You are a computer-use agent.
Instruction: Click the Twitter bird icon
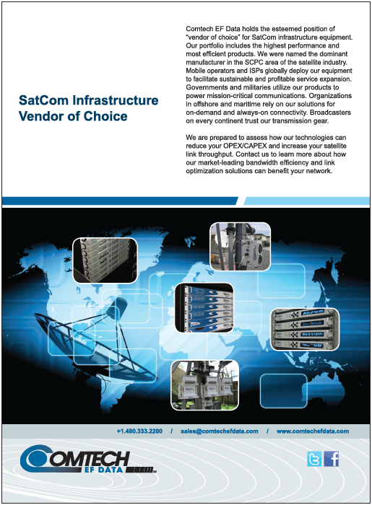click(314, 459)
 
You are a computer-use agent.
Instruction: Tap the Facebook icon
click(331, 459)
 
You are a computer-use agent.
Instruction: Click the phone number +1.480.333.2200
click(139, 431)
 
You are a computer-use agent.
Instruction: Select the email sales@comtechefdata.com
click(219, 431)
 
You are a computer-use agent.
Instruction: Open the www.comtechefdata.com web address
click(312, 431)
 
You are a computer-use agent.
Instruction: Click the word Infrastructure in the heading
click(115, 100)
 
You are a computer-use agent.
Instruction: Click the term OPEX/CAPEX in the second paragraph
click(245, 146)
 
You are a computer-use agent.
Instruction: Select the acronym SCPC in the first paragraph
click(254, 62)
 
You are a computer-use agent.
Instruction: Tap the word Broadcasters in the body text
click(330, 113)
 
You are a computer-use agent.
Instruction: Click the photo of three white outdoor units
click(204, 385)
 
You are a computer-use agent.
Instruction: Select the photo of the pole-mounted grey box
click(240, 247)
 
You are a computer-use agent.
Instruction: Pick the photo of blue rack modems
click(204, 308)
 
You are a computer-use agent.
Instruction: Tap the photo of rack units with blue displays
click(305, 329)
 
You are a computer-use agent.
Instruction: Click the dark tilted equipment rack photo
click(105, 260)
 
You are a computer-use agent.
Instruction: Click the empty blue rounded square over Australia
click(283, 391)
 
